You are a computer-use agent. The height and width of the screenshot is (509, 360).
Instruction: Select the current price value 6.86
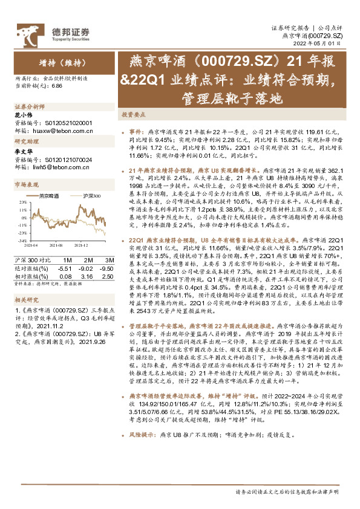57,85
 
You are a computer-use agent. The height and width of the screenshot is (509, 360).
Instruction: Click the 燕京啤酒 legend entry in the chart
50,196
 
